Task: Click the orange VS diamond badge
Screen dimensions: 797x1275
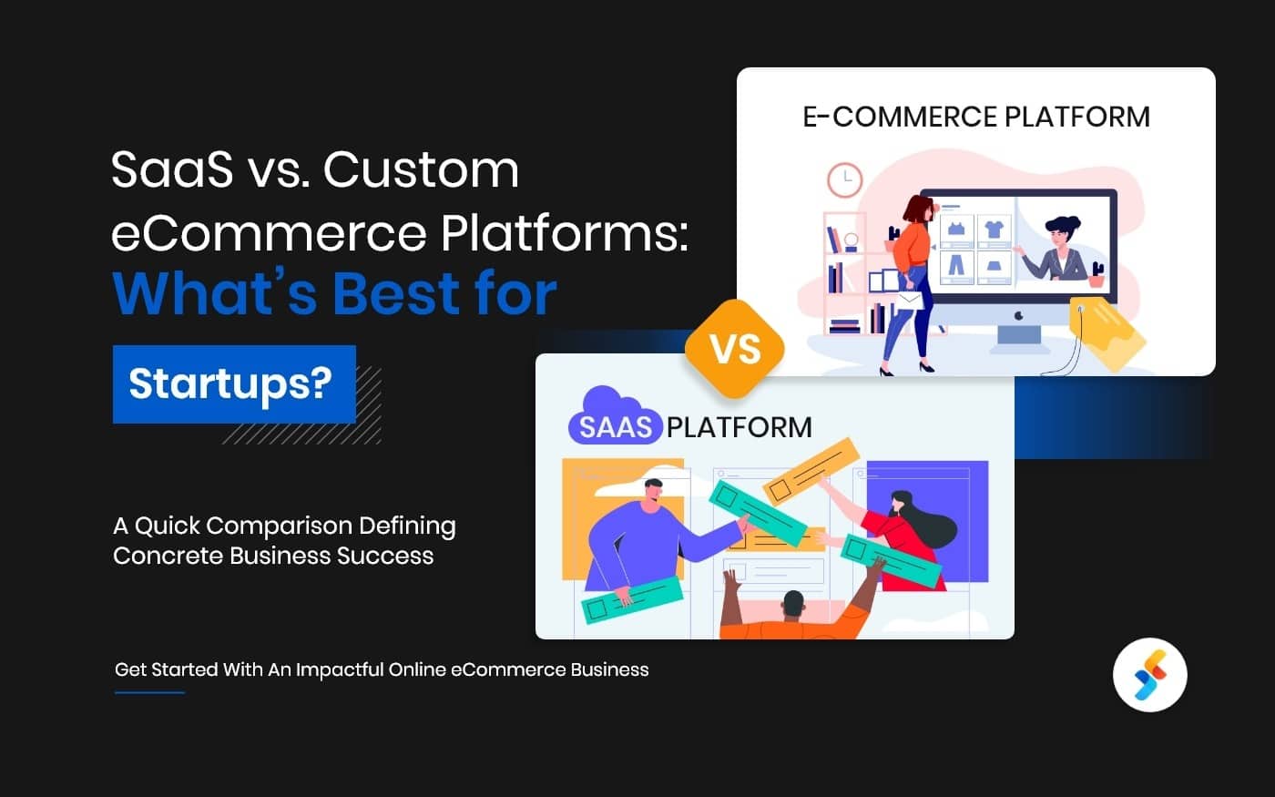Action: [x=735, y=350]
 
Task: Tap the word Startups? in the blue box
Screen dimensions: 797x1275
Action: [x=230, y=383]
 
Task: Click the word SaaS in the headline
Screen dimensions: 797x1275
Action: [x=171, y=170]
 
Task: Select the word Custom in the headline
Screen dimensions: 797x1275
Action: [x=421, y=170]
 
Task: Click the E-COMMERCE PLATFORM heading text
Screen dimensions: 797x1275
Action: [x=975, y=118]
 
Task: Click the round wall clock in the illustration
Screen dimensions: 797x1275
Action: [x=844, y=179]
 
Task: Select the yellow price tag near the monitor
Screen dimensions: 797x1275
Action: [x=1107, y=332]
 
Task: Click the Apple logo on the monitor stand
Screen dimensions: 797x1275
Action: [x=1018, y=316]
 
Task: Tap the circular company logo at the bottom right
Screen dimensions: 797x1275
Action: [x=1149, y=675]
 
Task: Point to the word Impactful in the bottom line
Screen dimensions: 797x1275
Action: [x=340, y=669]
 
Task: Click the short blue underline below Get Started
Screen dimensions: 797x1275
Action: [x=149, y=692]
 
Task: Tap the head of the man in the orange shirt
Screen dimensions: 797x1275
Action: [x=793, y=605]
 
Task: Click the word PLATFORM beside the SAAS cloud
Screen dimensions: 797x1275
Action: [x=739, y=427]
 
